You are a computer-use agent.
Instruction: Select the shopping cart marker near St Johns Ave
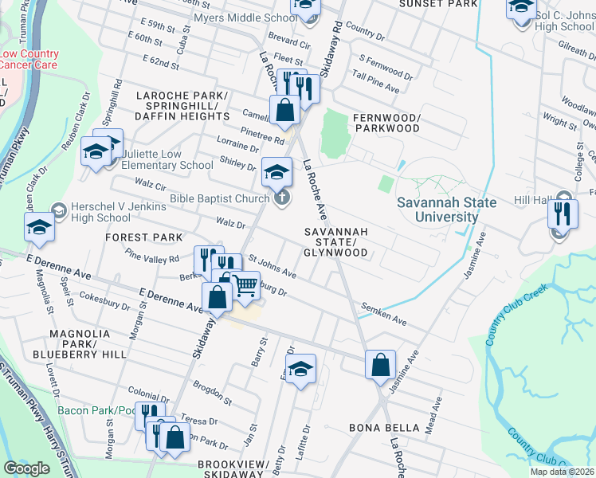point(245,284)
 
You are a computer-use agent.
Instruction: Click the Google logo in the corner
point(26,468)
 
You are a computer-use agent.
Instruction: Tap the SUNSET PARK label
point(437,4)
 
